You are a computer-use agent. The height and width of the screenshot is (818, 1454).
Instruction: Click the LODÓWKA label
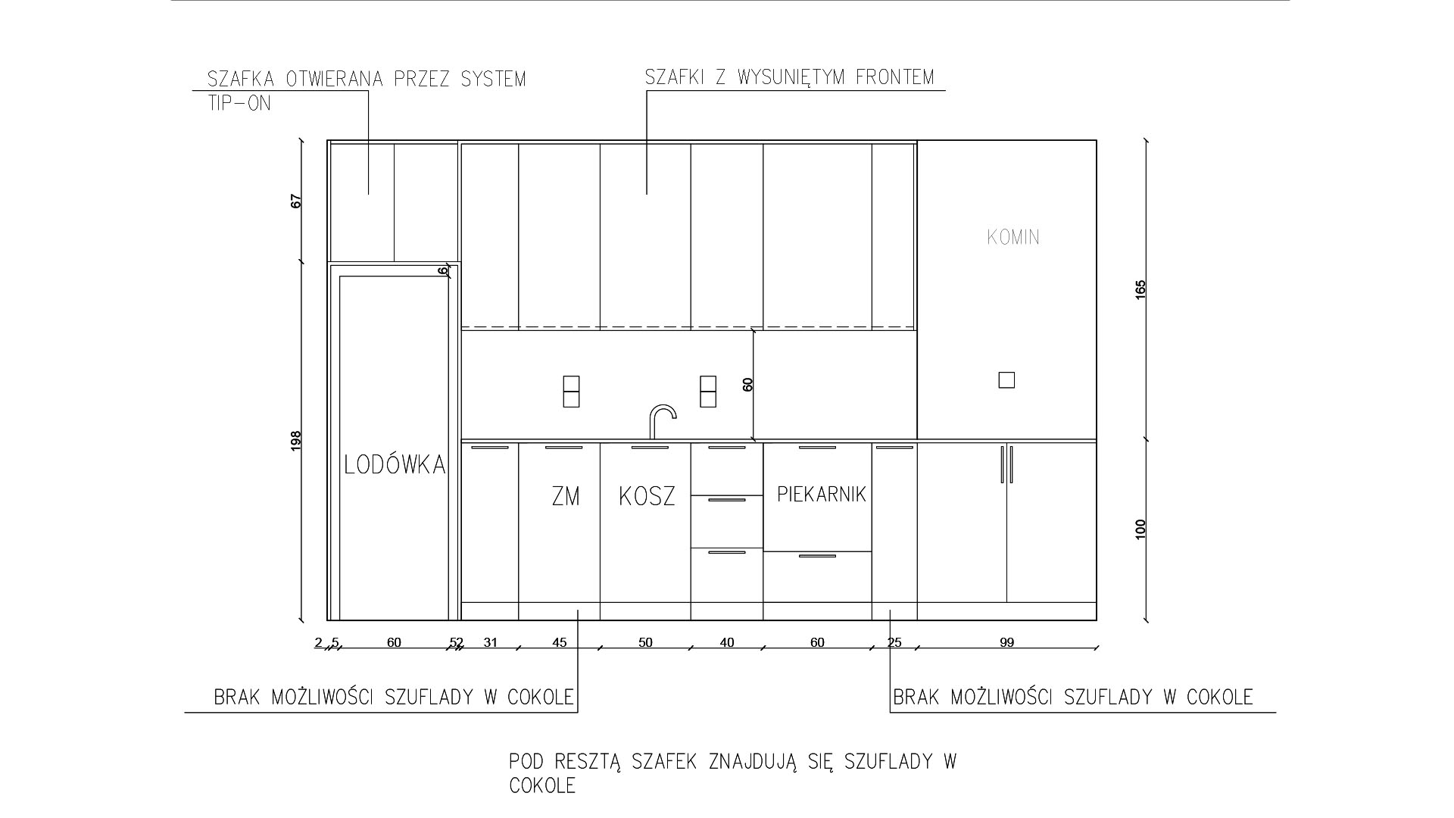click(395, 464)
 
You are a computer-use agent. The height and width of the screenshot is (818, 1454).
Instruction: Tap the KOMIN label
click(1013, 237)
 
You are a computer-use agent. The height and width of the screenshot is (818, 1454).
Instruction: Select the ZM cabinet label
click(566, 497)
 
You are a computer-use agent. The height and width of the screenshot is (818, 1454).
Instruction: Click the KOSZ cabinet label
click(647, 497)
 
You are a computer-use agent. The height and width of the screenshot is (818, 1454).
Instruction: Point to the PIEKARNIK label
click(822, 495)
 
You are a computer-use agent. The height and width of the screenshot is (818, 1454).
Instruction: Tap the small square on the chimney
click(1006, 380)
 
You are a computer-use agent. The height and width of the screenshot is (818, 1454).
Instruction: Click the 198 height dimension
click(296, 441)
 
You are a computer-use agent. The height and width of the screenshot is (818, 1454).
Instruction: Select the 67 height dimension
click(296, 201)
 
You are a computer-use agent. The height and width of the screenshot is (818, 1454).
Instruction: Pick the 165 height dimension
click(1141, 289)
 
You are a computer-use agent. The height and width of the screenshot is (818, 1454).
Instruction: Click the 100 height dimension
click(1141, 529)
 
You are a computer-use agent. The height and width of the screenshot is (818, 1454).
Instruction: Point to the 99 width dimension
click(1006, 642)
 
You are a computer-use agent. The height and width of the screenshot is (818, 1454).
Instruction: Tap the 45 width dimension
click(559, 642)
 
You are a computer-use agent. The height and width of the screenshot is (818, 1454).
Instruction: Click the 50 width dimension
click(645, 642)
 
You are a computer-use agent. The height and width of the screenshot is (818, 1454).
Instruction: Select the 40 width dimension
click(727, 642)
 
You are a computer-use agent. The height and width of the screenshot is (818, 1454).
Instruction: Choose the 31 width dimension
click(491, 642)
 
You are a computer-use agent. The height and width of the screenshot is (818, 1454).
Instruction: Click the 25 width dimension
click(894, 642)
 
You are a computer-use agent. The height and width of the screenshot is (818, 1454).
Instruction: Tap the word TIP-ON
click(239, 103)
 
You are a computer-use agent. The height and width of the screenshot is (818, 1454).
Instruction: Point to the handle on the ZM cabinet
click(563, 448)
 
